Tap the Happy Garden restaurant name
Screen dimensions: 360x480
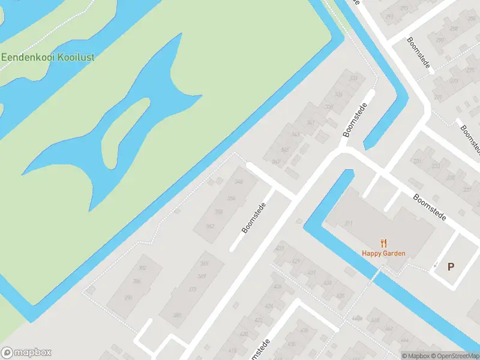pos(383,253)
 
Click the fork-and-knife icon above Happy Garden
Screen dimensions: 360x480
pos(383,243)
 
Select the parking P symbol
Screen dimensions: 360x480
pos(451,267)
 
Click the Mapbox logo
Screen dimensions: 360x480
pos(26,352)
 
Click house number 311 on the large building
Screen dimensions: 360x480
pos(349,223)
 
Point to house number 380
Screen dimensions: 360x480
pos(177,315)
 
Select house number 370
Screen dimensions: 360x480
pos(128,298)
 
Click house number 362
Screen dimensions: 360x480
pos(210,226)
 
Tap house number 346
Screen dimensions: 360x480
pos(239,182)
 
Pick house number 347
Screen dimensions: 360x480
pos(294,134)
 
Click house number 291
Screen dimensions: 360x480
pos(406,17)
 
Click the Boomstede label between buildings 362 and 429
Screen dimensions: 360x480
pos(253,217)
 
